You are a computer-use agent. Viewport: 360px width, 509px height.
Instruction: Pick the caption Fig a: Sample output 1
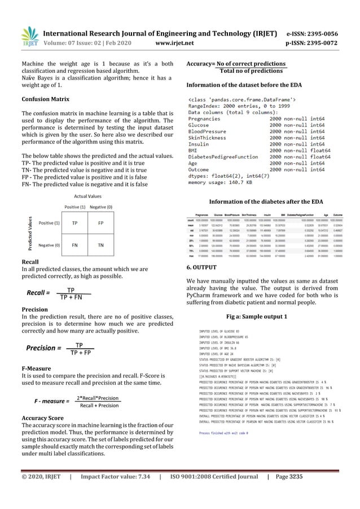tap(256, 315)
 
